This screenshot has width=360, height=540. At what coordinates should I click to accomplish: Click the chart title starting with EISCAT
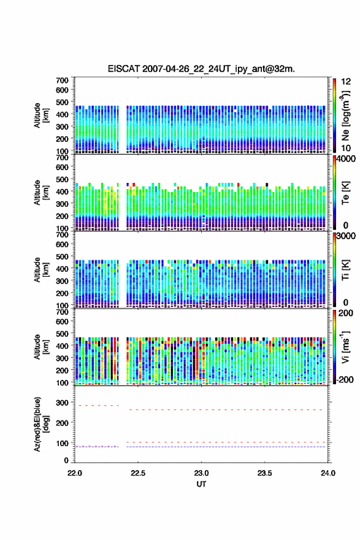click(x=201, y=69)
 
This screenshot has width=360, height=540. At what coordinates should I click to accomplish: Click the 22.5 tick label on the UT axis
click(x=137, y=473)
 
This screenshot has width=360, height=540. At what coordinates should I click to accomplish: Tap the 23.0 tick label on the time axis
click(x=201, y=473)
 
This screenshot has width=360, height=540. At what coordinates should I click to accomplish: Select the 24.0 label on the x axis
click(x=327, y=473)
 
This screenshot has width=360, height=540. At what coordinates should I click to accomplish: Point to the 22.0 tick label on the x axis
click(x=75, y=473)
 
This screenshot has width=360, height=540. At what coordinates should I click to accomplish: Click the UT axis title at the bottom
click(x=201, y=484)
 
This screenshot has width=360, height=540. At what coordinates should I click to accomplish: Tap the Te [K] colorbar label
click(x=345, y=193)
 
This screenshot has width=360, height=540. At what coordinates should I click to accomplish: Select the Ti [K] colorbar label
click(x=345, y=269)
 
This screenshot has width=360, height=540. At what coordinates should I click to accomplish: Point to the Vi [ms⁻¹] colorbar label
click(x=345, y=347)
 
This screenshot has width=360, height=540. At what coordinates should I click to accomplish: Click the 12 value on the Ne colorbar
click(x=346, y=82)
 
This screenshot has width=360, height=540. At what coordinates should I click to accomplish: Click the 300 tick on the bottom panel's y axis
click(x=63, y=403)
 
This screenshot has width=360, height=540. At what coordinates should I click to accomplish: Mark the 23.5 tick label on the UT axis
click(x=265, y=473)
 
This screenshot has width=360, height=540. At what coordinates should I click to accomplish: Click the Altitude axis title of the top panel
click(x=41, y=115)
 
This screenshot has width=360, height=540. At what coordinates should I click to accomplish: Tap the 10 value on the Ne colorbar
click(x=346, y=148)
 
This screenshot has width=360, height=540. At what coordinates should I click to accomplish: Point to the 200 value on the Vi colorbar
click(x=345, y=313)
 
